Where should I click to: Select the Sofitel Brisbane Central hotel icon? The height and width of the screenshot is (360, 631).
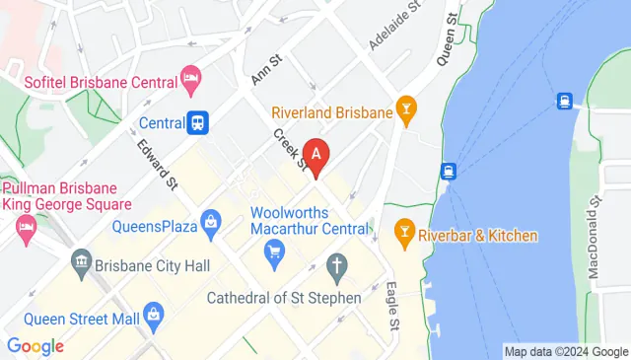pyautogui.click(x=190, y=76)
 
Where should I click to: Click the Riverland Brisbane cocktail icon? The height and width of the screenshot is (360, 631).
pyautogui.click(x=405, y=111)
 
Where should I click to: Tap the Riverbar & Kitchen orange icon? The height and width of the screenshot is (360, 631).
pyautogui.click(x=402, y=235)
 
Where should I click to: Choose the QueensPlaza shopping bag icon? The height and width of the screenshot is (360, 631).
pyautogui.click(x=210, y=223)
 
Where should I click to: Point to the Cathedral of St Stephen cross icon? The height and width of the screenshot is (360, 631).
pyautogui.click(x=337, y=264)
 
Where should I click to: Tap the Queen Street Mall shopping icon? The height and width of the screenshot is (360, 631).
pyautogui.click(x=152, y=315)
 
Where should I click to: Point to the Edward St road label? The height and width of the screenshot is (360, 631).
pyautogui.click(x=158, y=164)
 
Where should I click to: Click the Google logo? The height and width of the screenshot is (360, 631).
pyautogui.click(x=35, y=346)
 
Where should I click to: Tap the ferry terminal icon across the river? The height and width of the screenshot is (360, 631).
pyautogui.click(x=565, y=101)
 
